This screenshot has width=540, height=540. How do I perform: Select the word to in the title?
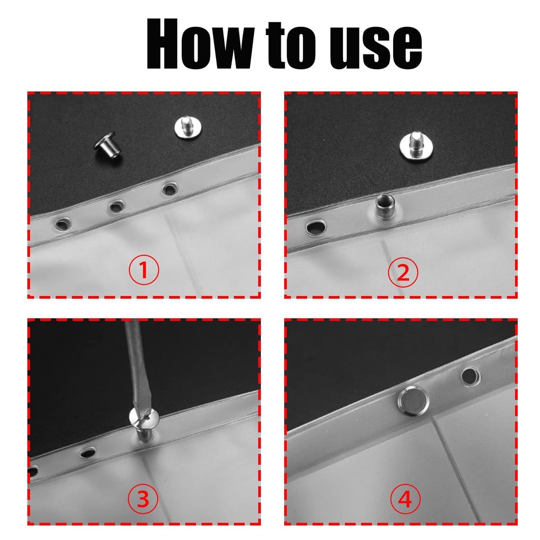[x=291, y=45]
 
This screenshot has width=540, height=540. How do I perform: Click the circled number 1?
[x=144, y=269]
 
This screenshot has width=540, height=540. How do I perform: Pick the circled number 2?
[x=403, y=272]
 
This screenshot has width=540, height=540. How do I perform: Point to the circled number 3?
[x=143, y=498]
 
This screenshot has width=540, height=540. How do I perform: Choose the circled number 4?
[x=406, y=499]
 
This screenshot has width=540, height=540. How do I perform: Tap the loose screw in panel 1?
[x=188, y=127]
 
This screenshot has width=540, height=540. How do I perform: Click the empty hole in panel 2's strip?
[x=316, y=228]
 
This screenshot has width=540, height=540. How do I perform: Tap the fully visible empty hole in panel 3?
[x=87, y=452]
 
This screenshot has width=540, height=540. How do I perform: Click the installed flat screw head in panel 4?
[x=413, y=401]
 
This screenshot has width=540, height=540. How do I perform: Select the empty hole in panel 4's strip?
[x=470, y=376]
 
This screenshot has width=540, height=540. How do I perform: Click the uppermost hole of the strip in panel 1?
[x=169, y=188]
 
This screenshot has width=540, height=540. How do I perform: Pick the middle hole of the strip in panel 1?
[x=117, y=206]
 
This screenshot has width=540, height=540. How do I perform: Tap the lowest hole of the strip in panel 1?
[x=63, y=224]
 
